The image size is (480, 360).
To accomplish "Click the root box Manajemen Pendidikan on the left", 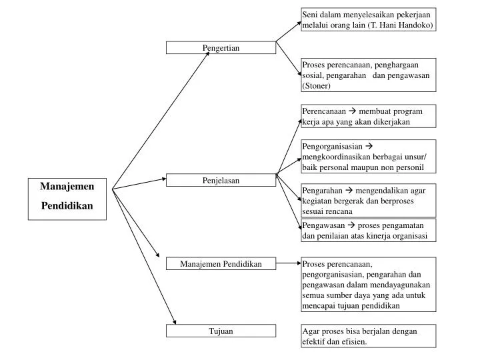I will [67, 197].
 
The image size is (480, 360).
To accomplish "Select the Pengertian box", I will [221, 47].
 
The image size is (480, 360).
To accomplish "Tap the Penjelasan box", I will [221, 180].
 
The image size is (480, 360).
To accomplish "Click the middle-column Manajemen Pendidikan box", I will [221, 264].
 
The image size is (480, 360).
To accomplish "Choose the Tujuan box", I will [221, 331].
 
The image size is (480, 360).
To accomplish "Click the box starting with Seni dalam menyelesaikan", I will [368, 20].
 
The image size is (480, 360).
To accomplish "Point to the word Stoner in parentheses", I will [317, 86].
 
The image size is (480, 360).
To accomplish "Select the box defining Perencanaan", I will [368, 116].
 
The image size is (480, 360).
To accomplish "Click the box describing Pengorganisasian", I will [368, 157].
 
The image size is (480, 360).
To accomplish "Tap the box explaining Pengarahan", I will [368, 200].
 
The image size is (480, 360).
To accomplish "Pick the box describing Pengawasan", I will [368, 230].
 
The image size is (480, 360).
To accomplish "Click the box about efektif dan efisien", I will [368, 336].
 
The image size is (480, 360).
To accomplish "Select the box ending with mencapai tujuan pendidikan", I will [368, 284].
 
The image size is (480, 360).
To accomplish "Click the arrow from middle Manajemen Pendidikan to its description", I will [288, 263].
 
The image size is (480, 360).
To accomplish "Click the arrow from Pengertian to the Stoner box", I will [288, 58].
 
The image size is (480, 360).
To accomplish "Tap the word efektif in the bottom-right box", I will [314, 341].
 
